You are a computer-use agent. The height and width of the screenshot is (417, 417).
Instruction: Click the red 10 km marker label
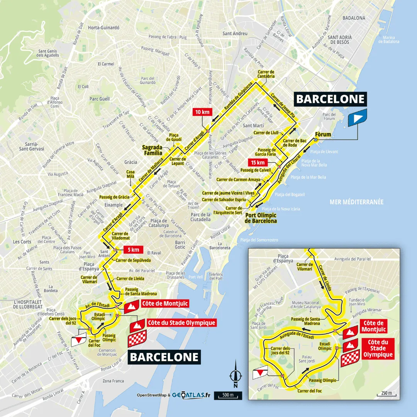tap(203, 112)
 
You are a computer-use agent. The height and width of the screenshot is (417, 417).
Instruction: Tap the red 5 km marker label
tap(134, 249)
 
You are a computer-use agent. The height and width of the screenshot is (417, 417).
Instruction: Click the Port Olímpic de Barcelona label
tap(261, 218)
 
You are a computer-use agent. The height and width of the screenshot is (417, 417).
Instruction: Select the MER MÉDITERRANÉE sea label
tap(357, 202)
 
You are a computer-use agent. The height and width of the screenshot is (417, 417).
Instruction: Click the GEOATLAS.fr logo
tap(191, 395)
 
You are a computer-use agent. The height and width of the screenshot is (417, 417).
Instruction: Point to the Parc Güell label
tap(99, 99)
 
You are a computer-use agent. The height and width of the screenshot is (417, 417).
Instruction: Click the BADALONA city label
tap(353, 18)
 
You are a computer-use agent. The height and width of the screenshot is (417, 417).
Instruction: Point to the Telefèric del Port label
tap(216, 276)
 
